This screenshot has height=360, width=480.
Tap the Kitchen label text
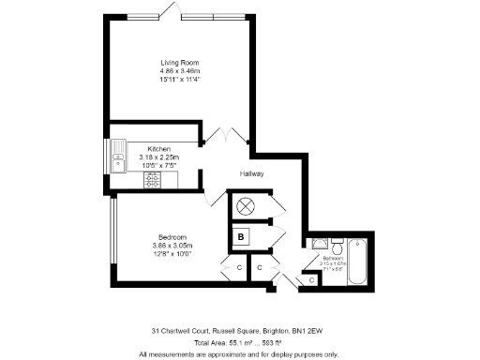tap(157, 148)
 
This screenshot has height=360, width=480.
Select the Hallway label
tap(252, 174)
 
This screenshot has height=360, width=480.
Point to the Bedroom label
tap(172, 236)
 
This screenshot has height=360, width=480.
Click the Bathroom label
tap(334, 257)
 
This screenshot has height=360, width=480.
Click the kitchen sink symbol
tap(119, 157)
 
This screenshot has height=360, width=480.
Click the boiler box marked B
tap(242, 237)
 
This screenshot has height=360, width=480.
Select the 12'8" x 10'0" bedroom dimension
tap(172, 253)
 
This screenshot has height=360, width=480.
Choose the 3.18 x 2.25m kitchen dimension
tap(157, 157)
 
